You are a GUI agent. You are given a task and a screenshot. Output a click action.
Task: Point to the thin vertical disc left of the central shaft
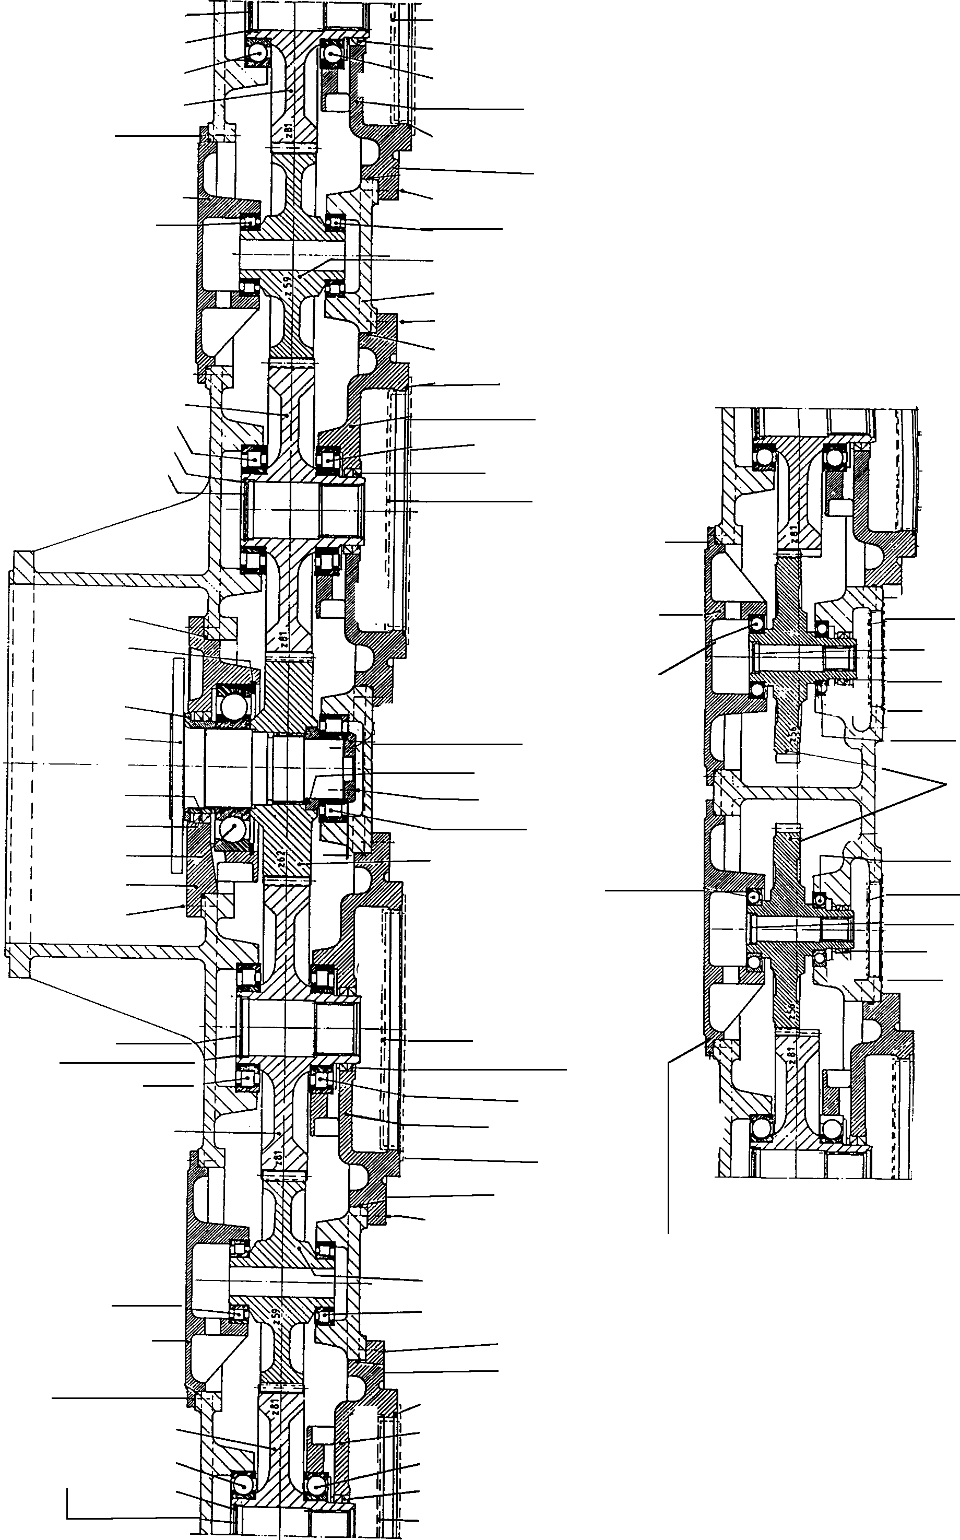(x=177, y=765)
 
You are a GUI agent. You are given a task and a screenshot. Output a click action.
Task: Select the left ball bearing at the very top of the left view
(x=258, y=53)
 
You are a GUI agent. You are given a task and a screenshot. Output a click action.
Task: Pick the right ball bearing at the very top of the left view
(x=332, y=55)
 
